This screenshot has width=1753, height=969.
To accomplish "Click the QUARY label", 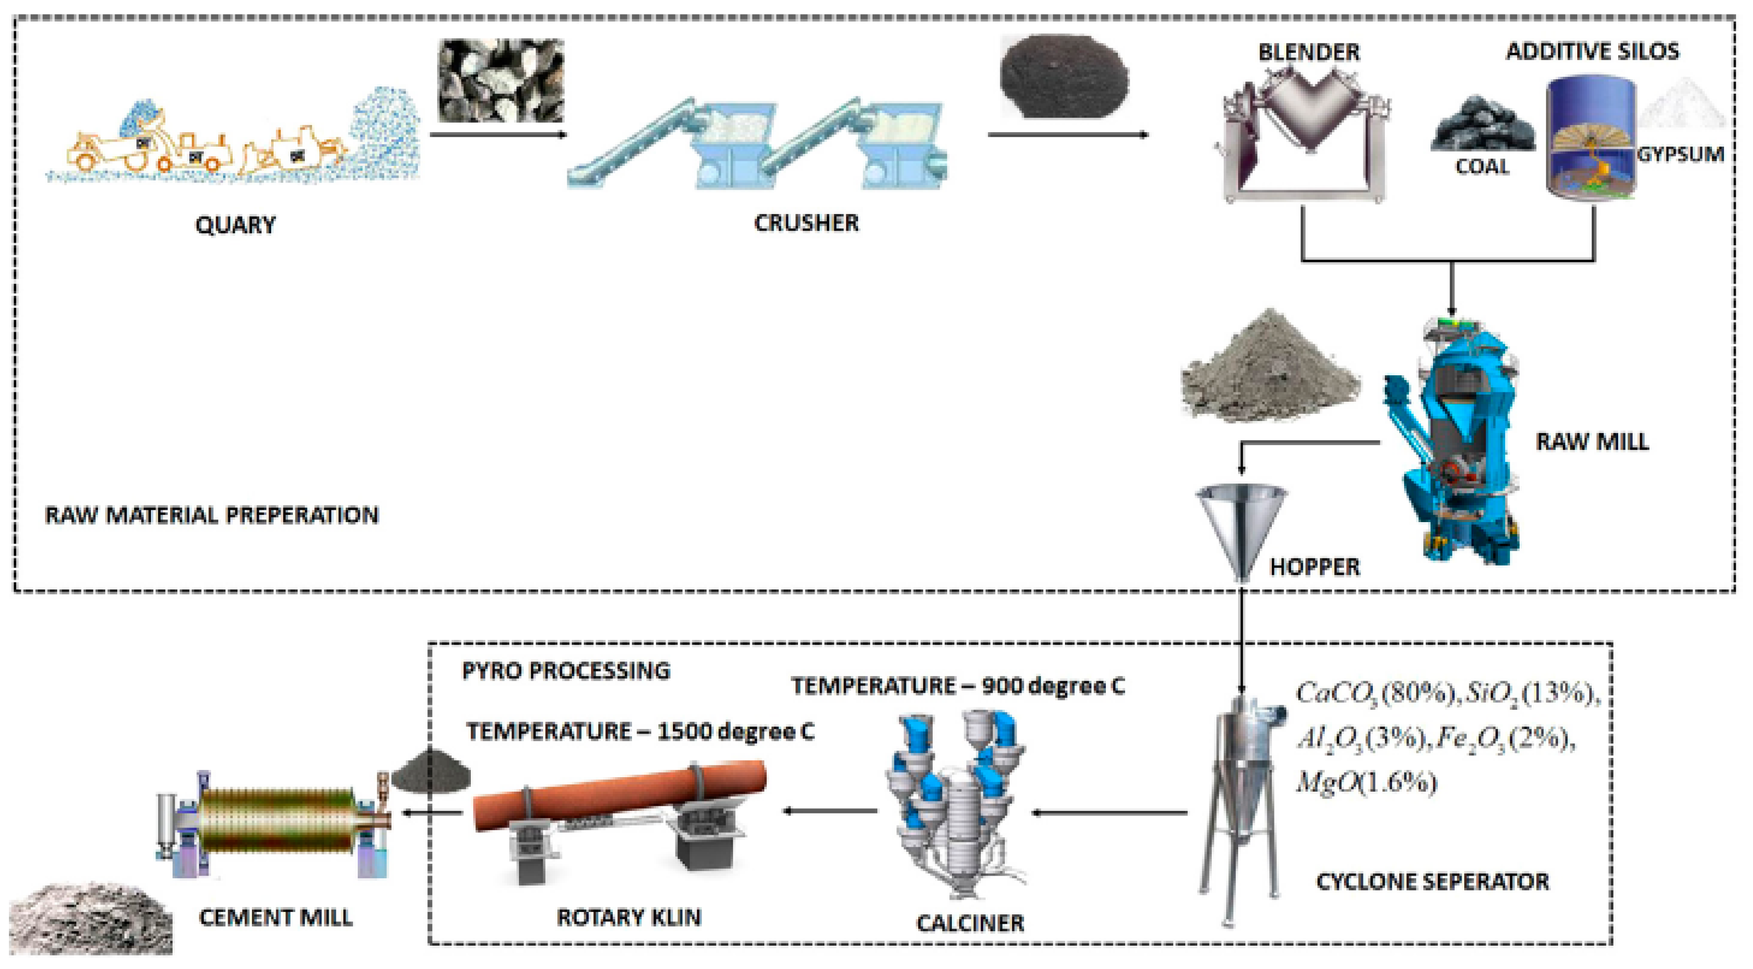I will click(235, 224).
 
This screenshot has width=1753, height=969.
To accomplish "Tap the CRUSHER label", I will click(806, 222).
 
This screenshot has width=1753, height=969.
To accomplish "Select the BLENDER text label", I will click(1308, 52).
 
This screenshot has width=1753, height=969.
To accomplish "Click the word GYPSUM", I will click(1680, 155).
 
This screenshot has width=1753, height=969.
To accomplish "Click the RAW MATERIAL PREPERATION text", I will click(212, 515).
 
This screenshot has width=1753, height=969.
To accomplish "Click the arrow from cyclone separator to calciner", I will click(1109, 812).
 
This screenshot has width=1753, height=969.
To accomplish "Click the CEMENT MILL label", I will click(276, 917).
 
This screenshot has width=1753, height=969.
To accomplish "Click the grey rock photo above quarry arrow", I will click(501, 80).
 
